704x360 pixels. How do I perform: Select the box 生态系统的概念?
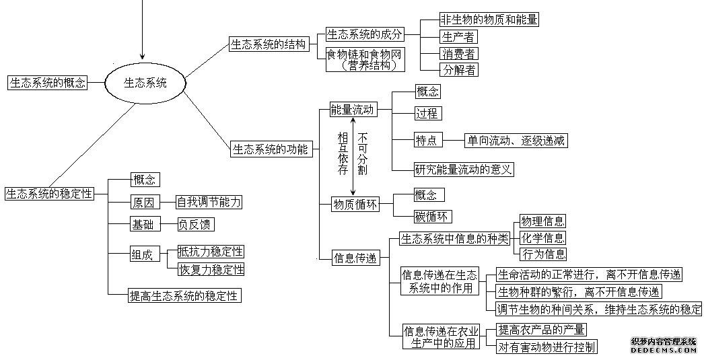tap(47, 83)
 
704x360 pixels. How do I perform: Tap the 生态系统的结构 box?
tap(269, 44)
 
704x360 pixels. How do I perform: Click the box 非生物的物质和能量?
tap(489, 20)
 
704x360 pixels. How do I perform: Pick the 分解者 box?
tap(458, 69)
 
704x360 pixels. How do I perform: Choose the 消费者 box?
tap(458, 53)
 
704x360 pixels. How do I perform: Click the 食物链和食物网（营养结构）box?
tap(365, 59)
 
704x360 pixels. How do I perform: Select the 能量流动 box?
tap(353, 110)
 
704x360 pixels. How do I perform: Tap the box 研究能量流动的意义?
tap(463, 169)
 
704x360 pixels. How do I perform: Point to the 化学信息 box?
tap(542, 238)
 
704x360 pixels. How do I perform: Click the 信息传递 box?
tap(356, 258)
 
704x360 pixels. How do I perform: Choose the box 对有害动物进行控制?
tap(547, 346)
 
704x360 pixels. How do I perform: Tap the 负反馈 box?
tap(195, 224)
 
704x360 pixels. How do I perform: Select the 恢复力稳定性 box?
tap(211, 269)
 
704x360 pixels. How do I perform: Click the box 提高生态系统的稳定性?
tap(184, 295)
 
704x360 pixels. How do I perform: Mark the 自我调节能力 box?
tap(209, 202)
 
